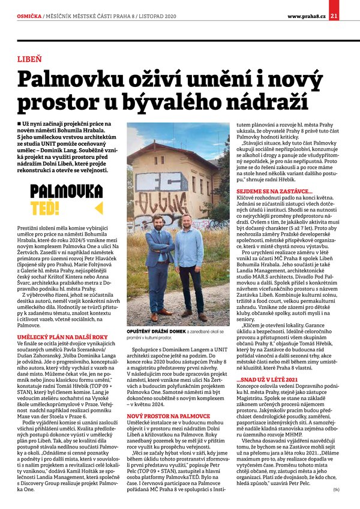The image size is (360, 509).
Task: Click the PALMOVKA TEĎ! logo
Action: point(66,200)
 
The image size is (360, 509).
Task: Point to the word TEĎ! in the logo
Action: point(45,207)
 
